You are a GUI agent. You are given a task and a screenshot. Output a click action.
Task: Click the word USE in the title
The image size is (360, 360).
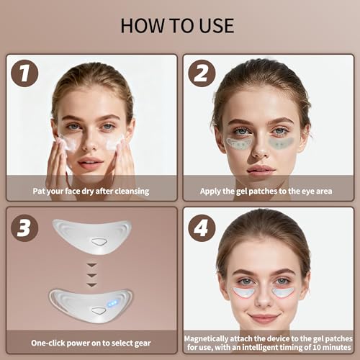tap(217, 26)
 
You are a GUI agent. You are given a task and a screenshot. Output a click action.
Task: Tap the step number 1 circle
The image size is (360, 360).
tap(24, 73)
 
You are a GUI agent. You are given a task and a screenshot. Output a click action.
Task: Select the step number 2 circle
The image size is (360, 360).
tap(202, 73)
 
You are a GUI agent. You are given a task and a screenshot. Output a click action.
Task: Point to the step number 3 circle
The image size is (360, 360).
tap(24, 228)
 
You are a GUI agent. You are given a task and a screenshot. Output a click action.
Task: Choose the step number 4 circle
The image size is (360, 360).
tap(202, 228)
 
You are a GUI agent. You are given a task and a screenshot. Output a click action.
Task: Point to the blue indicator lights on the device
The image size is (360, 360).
tap(112, 304)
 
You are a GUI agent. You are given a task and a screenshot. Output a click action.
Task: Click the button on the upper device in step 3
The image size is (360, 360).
tap(99, 242)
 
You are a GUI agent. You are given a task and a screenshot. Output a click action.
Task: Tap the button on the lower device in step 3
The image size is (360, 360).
tap(99, 311)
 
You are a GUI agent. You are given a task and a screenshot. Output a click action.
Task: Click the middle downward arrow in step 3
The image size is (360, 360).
tap(91, 275)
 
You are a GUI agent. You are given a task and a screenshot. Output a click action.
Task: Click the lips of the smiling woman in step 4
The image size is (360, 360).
tap(264, 318)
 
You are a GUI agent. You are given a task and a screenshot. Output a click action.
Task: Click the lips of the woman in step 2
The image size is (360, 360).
tap(261, 170)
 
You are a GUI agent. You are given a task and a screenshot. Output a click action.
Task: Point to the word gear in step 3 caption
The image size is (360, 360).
tap(143, 343)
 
